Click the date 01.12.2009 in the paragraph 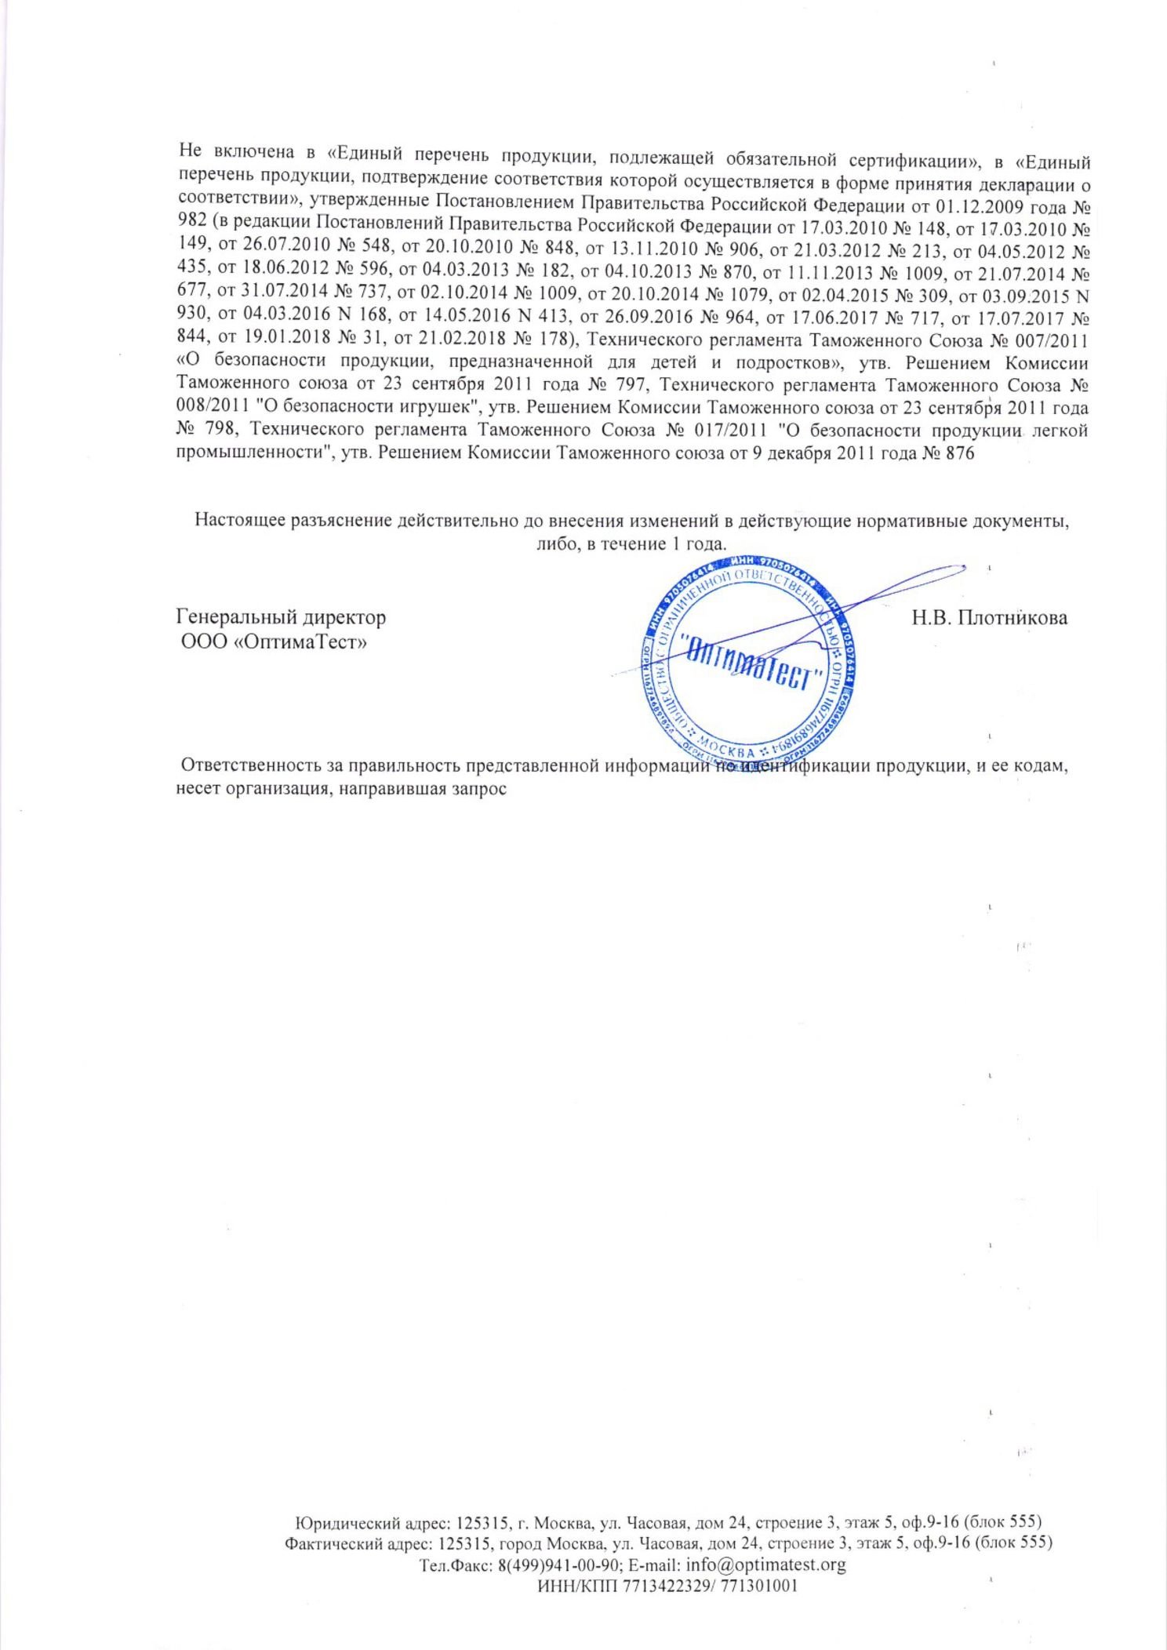pyautogui.click(x=979, y=208)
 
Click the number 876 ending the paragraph pyautogui.click(x=961, y=452)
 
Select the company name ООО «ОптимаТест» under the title pyautogui.click(x=275, y=642)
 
